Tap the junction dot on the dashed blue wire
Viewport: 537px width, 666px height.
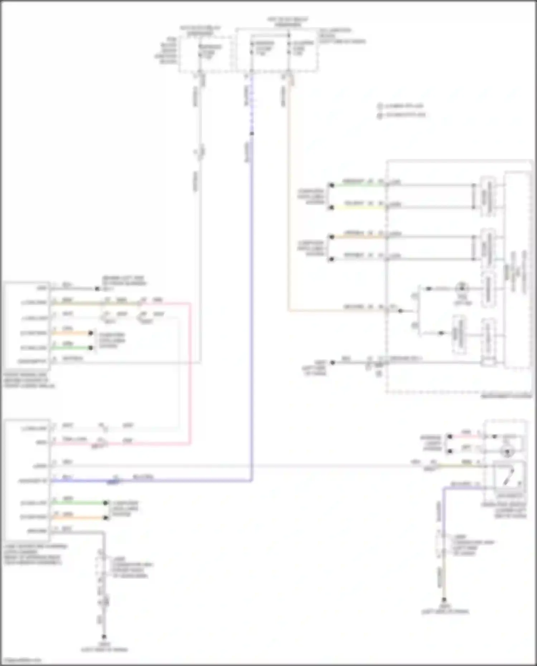[252, 133]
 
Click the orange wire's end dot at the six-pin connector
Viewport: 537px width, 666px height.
[91, 333]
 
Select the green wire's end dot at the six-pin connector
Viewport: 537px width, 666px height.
[91, 348]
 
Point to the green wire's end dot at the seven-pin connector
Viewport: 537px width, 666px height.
[106, 503]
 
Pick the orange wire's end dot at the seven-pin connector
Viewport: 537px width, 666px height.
[106, 517]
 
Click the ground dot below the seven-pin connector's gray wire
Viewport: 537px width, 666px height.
[104, 637]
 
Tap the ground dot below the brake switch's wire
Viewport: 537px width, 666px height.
[444, 599]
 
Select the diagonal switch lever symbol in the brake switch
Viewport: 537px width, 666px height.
[509, 475]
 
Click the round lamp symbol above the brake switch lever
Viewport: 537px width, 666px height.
[507, 452]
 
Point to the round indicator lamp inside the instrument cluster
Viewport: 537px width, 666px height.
[462, 288]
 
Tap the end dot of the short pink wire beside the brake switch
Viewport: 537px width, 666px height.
[450, 437]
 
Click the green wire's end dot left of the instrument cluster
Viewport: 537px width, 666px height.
[332, 185]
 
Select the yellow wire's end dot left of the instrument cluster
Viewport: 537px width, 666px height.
[332, 207]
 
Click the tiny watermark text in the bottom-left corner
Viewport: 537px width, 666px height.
[21, 660]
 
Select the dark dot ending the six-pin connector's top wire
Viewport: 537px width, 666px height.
[97, 288]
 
